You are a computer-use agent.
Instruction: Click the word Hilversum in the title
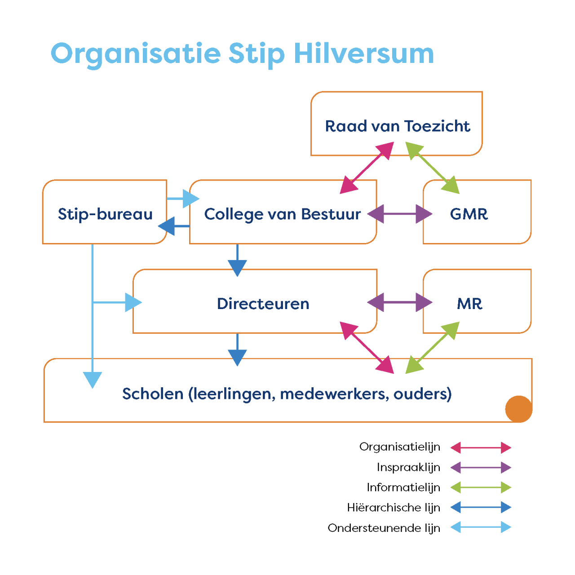click(363, 54)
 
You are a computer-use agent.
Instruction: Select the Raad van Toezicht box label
click(398, 126)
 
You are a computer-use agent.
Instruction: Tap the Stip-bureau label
click(105, 215)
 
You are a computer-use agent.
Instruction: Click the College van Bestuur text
click(282, 215)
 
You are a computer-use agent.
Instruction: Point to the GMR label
click(469, 214)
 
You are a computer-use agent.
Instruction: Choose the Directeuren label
click(263, 304)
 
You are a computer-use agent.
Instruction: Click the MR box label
click(469, 304)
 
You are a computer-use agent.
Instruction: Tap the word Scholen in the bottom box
click(152, 394)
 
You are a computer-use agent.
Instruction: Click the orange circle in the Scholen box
click(518, 409)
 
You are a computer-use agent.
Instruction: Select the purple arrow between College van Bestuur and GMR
click(399, 214)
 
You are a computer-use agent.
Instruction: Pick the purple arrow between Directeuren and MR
click(399, 303)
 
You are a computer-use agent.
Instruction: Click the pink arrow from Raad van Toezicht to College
click(367, 168)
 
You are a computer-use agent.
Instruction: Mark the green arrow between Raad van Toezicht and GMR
click(432, 168)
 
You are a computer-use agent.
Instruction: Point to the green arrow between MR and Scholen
click(432, 348)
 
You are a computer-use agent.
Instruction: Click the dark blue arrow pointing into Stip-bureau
click(174, 226)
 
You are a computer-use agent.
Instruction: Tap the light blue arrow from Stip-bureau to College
click(183, 199)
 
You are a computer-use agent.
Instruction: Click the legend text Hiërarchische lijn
click(394, 508)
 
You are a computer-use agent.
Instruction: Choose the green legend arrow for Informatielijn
click(481, 487)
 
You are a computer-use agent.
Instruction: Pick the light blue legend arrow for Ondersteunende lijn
click(481, 527)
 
